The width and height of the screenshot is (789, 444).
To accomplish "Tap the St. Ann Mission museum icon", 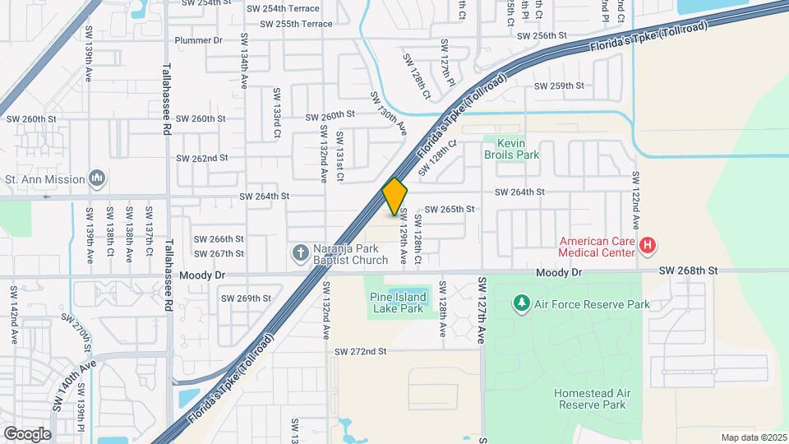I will click(97, 178).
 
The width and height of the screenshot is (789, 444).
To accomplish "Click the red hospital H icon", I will click(648, 245).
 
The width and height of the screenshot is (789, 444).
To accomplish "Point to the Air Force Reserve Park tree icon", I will click(521, 304).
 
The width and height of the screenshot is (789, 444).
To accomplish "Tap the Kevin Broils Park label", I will click(517, 148).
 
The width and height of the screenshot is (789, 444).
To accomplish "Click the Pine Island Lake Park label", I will click(398, 303).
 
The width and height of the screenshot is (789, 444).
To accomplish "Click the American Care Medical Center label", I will click(598, 247).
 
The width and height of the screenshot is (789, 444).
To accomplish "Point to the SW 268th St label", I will click(689, 271).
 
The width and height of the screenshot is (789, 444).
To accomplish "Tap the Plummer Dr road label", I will click(199, 40).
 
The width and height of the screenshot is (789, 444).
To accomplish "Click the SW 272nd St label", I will click(360, 351).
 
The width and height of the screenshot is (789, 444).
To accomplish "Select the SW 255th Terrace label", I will click(296, 24).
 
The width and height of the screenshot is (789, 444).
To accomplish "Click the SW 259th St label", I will click(559, 86).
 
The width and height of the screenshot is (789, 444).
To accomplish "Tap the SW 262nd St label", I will click(202, 158).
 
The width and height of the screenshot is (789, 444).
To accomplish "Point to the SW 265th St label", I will click(450, 209).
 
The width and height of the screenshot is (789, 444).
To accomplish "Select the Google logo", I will click(27, 433).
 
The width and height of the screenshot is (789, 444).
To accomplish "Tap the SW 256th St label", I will click(542, 36).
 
